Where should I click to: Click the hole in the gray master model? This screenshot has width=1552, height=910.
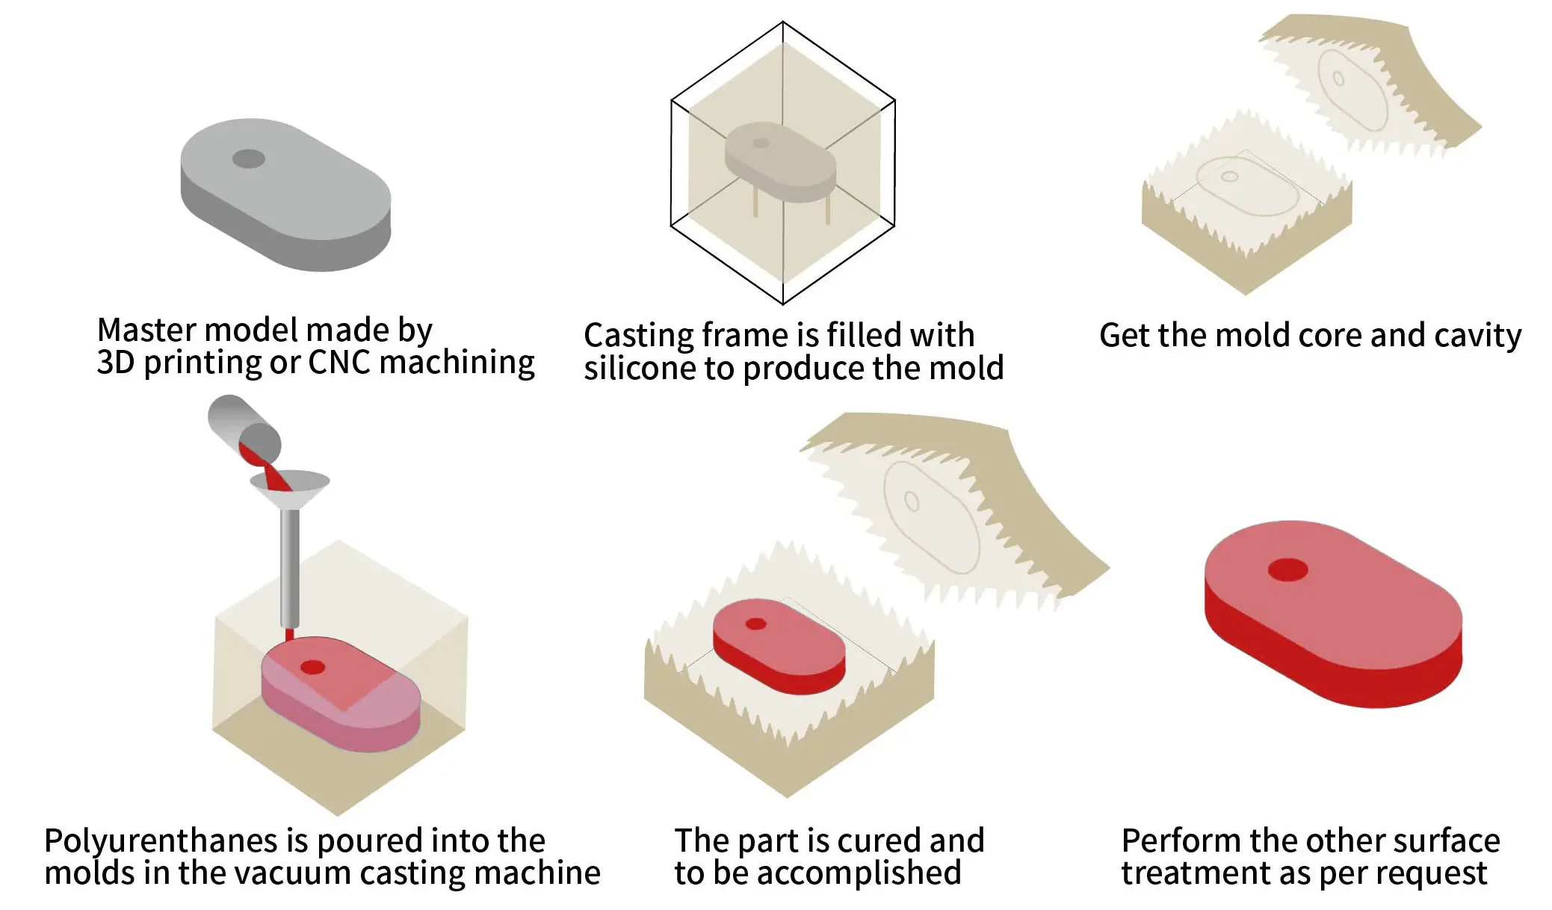pyautogui.click(x=249, y=159)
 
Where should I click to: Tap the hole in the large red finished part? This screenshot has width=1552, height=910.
pyautogui.click(x=1287, y=570)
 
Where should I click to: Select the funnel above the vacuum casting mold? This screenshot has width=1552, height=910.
pyautogui.click(x=290, y=487)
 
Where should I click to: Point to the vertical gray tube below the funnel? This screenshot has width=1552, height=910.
pyautogui.click(x=290, y=568)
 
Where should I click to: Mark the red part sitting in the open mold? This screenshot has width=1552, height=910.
pyautogui.click(x=779, y=646)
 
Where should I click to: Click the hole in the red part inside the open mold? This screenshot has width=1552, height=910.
pyautogui.click(x=756, y=624)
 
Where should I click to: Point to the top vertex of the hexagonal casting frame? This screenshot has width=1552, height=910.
pyautogui.click(x=783, y=22)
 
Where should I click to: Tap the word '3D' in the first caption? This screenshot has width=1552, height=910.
pyautogui.click(x=115, y=363)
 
